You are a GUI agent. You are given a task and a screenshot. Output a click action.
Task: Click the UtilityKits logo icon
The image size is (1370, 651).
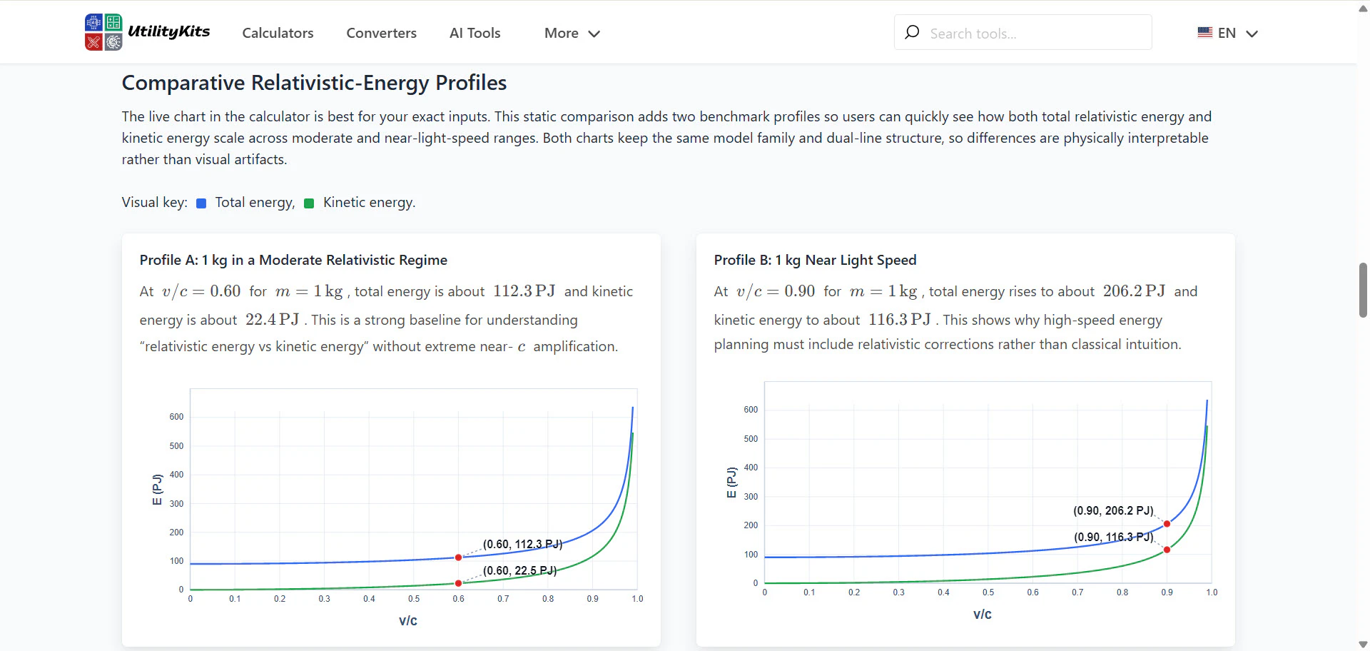[103, 32]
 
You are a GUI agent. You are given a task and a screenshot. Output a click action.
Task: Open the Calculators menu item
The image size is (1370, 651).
[278, 33]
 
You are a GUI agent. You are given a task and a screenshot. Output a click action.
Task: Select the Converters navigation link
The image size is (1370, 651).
[381, 33]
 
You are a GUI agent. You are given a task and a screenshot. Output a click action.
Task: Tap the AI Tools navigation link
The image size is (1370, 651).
[475, 33]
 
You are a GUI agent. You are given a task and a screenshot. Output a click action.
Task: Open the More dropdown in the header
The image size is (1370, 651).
[572, 33]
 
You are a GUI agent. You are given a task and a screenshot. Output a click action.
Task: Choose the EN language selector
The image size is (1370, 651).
[1227, 33]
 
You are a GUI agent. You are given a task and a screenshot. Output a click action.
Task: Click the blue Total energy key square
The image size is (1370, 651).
[201, 203]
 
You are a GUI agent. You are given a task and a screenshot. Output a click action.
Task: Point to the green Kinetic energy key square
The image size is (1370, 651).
[309, 203]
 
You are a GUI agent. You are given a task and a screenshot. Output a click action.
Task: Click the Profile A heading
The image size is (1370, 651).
[293, 260]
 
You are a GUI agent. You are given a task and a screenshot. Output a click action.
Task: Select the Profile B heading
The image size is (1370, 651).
[815, 260]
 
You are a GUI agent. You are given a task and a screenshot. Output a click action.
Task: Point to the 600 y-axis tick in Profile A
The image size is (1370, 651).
[176, 417]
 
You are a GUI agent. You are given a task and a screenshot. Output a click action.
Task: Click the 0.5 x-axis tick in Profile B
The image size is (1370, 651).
[988, 592]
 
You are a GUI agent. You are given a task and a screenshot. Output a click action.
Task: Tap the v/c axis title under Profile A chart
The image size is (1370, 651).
[408, 620]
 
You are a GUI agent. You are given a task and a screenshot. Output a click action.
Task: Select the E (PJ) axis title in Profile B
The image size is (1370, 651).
[731, 483]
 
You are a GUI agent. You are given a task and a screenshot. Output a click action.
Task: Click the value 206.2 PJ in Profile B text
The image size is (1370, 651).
[1134, 291]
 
